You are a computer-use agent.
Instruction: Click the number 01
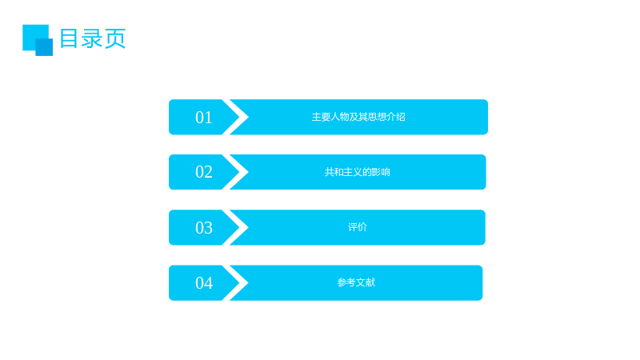[204, 118]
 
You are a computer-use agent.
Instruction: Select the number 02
[204, 172]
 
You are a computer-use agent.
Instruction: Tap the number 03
[204, 228]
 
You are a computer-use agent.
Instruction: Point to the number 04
[204, 283]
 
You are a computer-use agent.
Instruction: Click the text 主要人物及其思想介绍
[358, 117]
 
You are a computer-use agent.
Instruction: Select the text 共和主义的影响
[357, 172]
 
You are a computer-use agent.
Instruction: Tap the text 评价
[358, 227]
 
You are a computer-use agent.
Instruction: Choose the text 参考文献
[356, 282]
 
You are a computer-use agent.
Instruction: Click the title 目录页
[93, 38]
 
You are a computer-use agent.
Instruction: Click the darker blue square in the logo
[44, 47]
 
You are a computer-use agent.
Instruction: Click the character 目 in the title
[69, 38]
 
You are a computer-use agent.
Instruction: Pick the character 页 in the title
[114, 38]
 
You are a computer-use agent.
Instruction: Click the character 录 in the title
[92, 38]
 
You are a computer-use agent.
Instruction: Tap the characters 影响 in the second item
[381, 172]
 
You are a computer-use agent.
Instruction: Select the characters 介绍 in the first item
[396, 117]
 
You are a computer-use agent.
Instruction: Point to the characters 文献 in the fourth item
[366, 282]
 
